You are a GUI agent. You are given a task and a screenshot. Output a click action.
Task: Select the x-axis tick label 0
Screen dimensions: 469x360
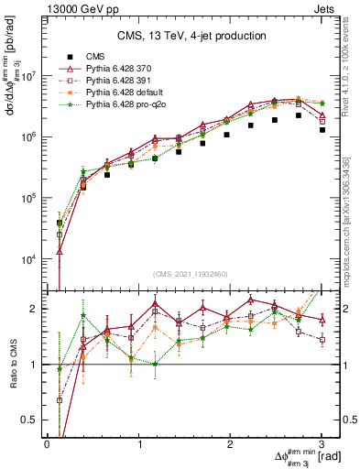pyautogui.click(x=47, y=444)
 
